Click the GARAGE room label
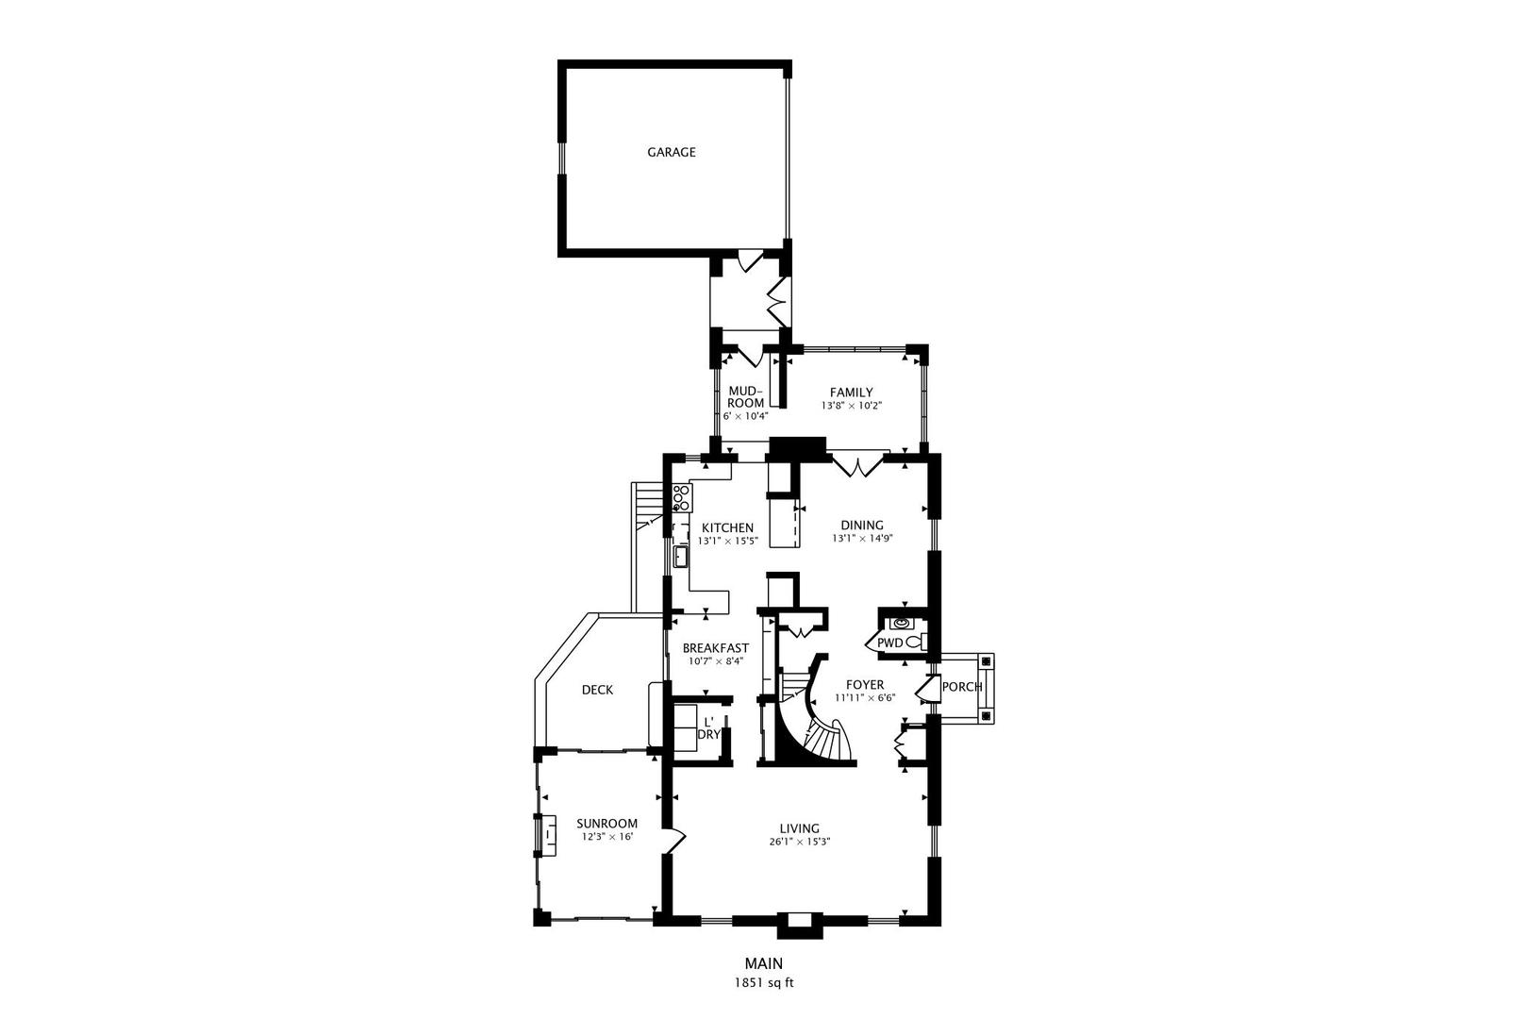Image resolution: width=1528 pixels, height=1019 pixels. coord(671,152)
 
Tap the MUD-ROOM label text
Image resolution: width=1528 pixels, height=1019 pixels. coord(745,396)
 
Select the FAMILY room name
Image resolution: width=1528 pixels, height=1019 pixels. coord(851,393)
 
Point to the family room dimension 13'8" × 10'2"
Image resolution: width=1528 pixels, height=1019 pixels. coord(851,407)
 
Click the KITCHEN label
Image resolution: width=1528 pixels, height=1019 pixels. coord(727,527)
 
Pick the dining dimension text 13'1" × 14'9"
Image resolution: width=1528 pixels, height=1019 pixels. coord(862,539)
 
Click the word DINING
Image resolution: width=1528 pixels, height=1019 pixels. coord(862,526)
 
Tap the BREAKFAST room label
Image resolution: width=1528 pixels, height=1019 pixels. coord(716,648)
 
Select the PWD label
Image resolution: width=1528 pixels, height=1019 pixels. coord(889,643)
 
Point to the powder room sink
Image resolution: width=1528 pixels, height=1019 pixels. coord(902,623)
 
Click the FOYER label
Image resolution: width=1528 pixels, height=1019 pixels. coord(865,685)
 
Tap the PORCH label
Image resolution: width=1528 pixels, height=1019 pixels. coord(962,686)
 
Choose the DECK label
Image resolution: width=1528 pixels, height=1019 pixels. coord(597,690)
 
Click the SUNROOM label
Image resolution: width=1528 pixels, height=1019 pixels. coord(606,823)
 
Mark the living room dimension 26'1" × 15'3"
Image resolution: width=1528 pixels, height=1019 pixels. coord(799,842)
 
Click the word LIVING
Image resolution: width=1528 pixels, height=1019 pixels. coord(799,828)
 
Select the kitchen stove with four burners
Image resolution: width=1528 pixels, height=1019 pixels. coord(681,497)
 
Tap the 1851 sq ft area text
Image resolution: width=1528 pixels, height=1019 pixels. coord(764,982)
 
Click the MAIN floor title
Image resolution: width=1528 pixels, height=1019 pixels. coord(764,963)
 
